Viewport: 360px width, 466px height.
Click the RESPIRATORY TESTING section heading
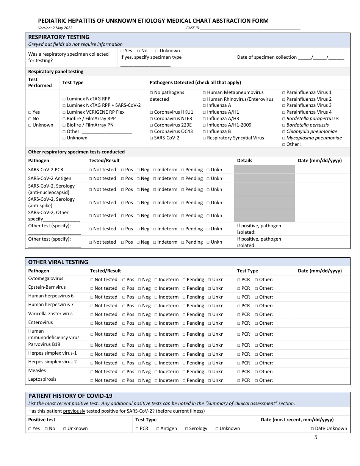(x=59, y=37)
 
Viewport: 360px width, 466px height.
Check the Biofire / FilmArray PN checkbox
(x=64, y=125)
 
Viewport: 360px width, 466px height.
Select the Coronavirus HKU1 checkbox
(x=152, y=112)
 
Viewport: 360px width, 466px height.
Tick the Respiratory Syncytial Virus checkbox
(x=204, y=138)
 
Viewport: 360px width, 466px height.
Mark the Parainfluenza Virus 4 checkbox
(x=284, y=112)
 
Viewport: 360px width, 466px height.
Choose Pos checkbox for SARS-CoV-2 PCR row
(x=123, y=170)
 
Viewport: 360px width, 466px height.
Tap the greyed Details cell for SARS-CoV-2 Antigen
(x=264, y=178)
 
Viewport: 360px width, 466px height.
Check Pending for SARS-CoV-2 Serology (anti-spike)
(x=183, y=203)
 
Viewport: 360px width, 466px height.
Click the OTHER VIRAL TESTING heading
(x=58, y=262)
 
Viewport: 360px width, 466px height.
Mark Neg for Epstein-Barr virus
(x=139, y=288)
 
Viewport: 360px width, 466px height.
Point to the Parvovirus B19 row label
(x=44, y=344)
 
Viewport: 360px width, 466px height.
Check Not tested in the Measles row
(x=92, y=372)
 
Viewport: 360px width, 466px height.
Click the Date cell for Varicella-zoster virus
(x=322, y=314)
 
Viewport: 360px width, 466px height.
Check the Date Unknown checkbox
(x=312, y=428)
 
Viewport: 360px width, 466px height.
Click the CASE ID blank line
(x=250, y=28)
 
